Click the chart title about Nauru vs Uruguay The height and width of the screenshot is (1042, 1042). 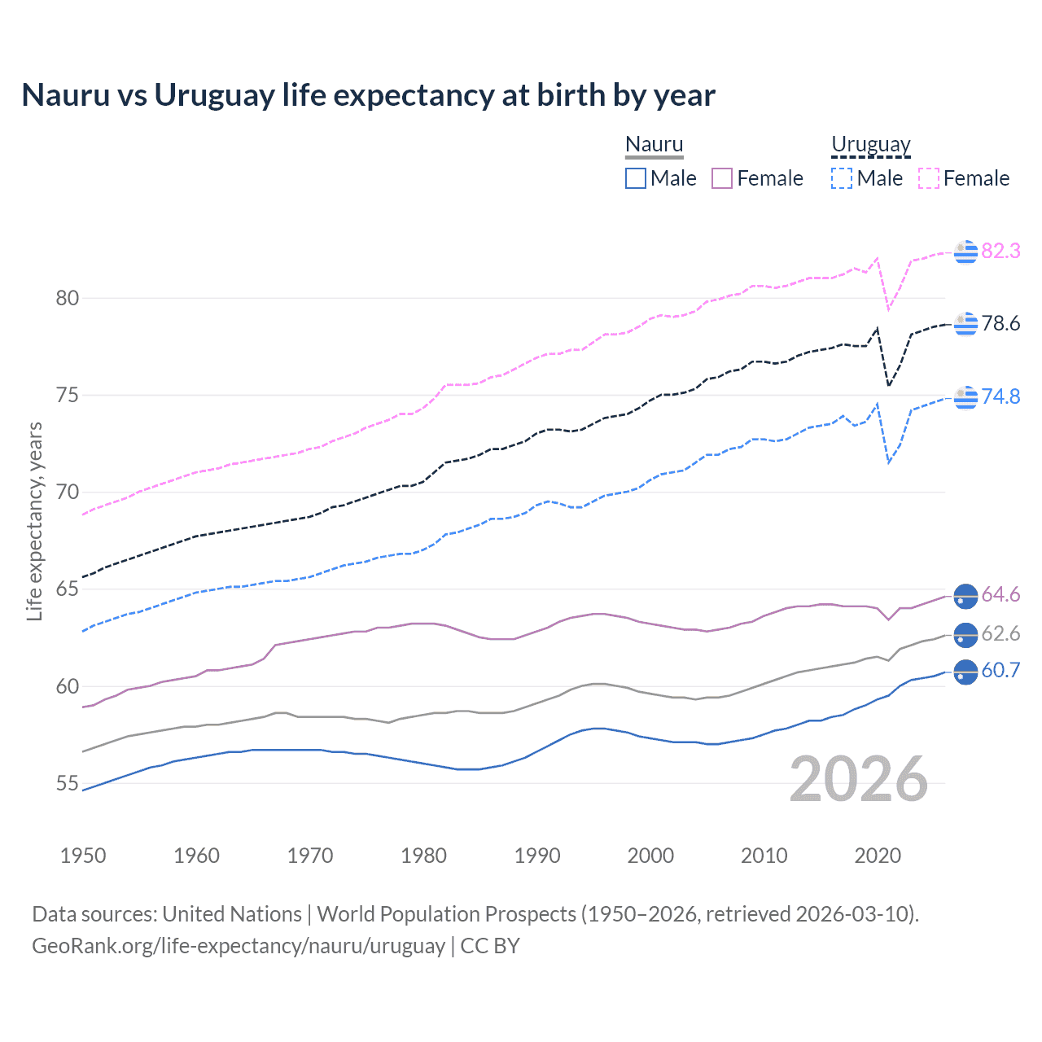pos(368,95)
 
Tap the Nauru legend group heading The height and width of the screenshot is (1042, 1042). pos(654,144)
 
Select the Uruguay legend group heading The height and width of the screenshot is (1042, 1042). pos(870,144)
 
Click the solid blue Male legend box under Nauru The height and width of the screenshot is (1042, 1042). pos(636,178)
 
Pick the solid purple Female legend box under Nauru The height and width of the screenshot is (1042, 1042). pos(722,178)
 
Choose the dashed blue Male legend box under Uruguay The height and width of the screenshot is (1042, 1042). pos(842,178)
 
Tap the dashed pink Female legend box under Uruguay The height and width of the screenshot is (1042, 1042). pos(929,178)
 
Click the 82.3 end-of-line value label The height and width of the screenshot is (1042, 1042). pos(1000,251)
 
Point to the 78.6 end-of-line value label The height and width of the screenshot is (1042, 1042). pos(1000,323)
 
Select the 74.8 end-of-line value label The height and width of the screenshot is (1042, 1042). pos(1000,396)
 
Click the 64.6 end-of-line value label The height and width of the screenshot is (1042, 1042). pos(1000,595)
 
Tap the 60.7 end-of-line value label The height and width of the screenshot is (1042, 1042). pos(1000,670)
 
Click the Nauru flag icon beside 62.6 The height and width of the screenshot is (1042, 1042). pos(965,633)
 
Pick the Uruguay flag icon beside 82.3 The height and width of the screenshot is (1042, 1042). pos(965,252)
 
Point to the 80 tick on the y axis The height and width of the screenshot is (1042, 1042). pos(68,298)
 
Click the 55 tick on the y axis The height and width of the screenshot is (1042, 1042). pos(68,783)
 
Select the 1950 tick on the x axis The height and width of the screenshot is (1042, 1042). pos(83,856)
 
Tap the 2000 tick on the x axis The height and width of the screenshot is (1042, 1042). pos(650,856)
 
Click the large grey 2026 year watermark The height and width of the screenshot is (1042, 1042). pos(859,779)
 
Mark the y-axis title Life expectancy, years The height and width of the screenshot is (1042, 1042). pos(34,521)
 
